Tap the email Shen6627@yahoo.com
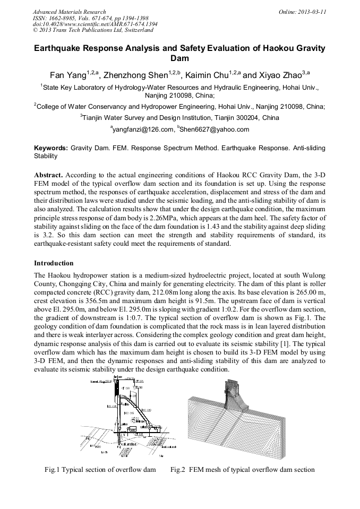point(216,130)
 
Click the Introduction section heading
point(54,263)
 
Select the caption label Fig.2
point(178,469)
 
